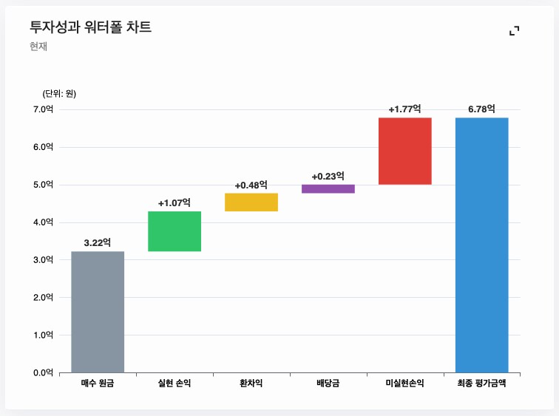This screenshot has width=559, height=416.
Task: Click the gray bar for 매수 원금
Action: [98, 312]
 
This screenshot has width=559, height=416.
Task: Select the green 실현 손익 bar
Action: [175, 231]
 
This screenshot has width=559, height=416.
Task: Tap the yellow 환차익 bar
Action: [251, 202]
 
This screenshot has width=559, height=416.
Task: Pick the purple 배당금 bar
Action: [328, 189]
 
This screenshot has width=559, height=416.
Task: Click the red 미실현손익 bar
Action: [404, 151]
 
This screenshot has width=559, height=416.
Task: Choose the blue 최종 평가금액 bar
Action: [481, 245]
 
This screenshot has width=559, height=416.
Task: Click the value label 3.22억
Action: [98, 242]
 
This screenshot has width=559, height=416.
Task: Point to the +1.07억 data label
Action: [175, 202]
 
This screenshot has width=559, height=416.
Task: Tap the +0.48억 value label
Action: [251, 185]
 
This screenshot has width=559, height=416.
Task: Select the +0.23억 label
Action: [328, 176]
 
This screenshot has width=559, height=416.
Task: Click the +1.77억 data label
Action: [404, 109]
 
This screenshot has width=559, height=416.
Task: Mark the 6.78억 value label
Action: [481, 109]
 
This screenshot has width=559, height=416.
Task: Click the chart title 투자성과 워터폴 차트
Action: [90, 28]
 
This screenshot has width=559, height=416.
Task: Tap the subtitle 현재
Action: [38, 47]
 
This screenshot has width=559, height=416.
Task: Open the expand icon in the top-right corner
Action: [515, 30]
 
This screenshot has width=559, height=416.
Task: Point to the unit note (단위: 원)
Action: [59, 93]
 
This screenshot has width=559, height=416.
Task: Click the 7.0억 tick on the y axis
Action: [44, 109]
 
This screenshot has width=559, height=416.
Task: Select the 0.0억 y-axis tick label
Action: [44, 372]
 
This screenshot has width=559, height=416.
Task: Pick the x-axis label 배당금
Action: [328, 383]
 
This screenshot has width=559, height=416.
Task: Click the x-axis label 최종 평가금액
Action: [481, 383]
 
